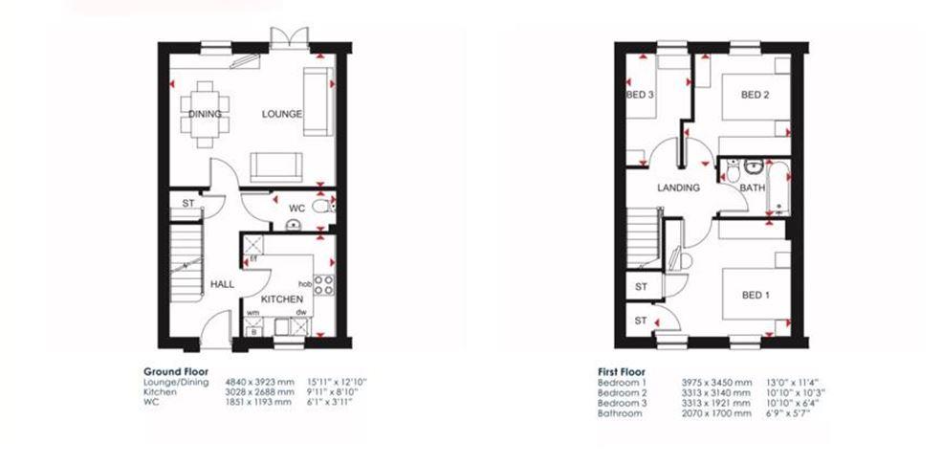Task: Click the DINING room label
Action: [205, 114]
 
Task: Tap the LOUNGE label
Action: [282, 114]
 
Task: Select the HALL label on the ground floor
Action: [222, 285]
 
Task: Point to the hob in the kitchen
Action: [324, 285]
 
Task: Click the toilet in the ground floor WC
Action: [323, 208]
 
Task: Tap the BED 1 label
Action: [756, 295]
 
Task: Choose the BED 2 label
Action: [756, 95]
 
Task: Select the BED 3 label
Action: [640, 95]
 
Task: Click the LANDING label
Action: [678, 188]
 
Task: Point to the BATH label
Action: [752, 188]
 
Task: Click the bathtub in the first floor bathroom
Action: [778, 187]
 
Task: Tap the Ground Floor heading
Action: [176, 372]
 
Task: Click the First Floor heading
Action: [622, 372]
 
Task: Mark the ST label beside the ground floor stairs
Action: [188, 203]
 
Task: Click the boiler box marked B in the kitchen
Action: [252, 331]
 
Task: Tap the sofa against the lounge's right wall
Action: [318, 101]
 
